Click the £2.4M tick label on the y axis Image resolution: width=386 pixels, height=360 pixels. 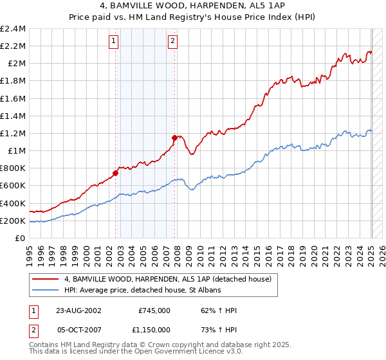13,29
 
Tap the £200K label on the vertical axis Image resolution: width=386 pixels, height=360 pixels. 13,221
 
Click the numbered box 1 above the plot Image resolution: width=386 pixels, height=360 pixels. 114,42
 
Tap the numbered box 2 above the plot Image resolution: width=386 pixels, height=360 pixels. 173,42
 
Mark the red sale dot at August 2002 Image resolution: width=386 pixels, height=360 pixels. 116,173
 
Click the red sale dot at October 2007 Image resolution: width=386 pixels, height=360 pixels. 174,138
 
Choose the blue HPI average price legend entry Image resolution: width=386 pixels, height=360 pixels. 142,291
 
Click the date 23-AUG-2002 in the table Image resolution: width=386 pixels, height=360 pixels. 78,310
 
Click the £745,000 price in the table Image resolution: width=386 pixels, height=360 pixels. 154,310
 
